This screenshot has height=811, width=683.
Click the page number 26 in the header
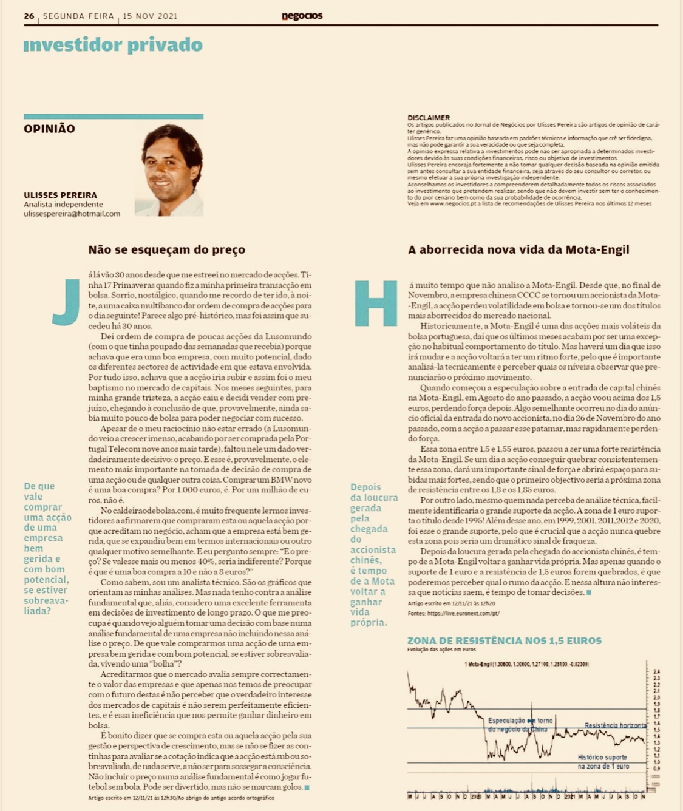pyautogui.click(x=29, y=16)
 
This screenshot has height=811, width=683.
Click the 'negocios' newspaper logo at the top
pyautogui.click(x=302, y=16)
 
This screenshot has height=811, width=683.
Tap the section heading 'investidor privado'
pyautogui.click(x=113, y=45)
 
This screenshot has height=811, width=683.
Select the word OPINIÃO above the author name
pyautogui.click(x=50, y=129)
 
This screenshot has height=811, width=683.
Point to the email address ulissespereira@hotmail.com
pyautogui.click(x=72, y=214)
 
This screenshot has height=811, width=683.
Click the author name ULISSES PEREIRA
pyautogui.click(x=60, y=195)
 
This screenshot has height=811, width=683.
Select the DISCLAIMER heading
pyautogui.click(x=429, y=118)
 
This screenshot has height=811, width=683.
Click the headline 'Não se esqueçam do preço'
pyautogui.click(x=167, y=249)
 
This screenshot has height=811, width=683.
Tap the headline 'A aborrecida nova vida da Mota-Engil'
pyautogui.click(x=518, y=249)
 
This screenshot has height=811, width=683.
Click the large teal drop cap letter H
pyautogui.click(x=376, y=303)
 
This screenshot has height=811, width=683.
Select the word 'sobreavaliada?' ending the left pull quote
pyautogui.click(x=46, y=606)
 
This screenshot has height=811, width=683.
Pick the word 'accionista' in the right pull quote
pyautogui.click(x=373, y=550)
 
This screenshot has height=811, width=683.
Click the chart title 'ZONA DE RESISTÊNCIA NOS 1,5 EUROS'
pyautogui.click(x=504, y=640)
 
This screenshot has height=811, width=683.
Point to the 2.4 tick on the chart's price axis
pyautogui.click(x=656, y=671)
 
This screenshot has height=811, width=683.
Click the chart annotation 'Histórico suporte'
pyautogui.click(x=602, y=757)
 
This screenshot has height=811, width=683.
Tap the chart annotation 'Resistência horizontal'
pyautogui.click(x=616, y=725)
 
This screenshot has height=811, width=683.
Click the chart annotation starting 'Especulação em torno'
pyautogui.click(x=520, y=721)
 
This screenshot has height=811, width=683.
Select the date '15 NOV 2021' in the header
pyautogui.click(x=150, y=16)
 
